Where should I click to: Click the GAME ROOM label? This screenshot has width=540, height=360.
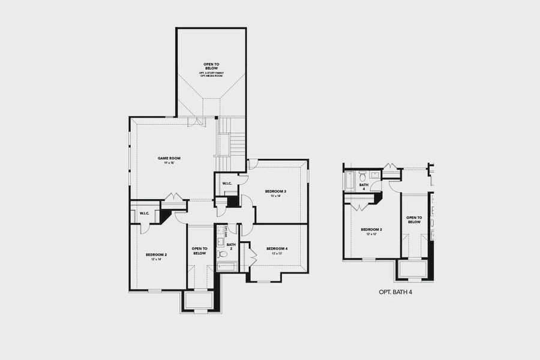point(169,158)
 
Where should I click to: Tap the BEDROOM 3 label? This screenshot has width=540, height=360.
point(275,191)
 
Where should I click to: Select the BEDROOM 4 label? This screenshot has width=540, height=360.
point(277,248)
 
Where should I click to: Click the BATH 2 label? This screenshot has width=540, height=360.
point(231,246)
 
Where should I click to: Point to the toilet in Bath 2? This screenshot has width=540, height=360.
point(222,254)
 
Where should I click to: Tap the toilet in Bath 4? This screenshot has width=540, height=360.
point(362,177)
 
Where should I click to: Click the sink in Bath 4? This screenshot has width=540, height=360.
point(374,175)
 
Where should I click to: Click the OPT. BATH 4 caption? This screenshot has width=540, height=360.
point(395,292)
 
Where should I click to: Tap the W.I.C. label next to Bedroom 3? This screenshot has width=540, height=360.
point(227,183)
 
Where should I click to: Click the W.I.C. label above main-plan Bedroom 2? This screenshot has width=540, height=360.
point(145,213)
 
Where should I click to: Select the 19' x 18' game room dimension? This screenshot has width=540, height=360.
point(169,163)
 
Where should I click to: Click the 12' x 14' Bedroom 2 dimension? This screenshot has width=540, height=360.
point(156,259)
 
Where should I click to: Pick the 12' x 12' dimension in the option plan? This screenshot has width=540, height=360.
point(371,234)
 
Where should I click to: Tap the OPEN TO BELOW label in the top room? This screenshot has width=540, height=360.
point(211,65)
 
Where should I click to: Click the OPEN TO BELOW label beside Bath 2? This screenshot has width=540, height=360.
point(199,251)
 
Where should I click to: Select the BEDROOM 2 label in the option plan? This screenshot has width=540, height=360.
point(371,229)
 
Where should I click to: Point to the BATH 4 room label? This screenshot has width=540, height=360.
point(363,187)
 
